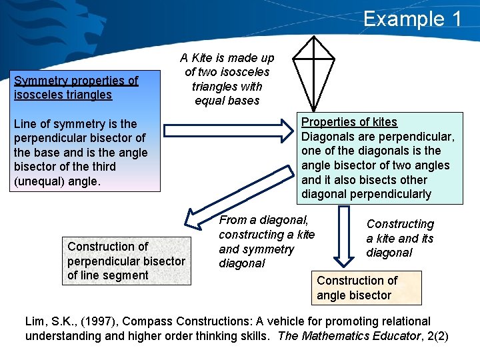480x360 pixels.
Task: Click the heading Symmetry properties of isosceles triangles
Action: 76,87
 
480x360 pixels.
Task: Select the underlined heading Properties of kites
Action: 349,122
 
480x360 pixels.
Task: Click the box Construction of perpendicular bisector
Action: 126,261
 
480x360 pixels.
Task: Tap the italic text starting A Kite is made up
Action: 227,79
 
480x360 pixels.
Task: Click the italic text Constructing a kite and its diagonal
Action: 400,238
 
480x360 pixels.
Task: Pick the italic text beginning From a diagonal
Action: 267,241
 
